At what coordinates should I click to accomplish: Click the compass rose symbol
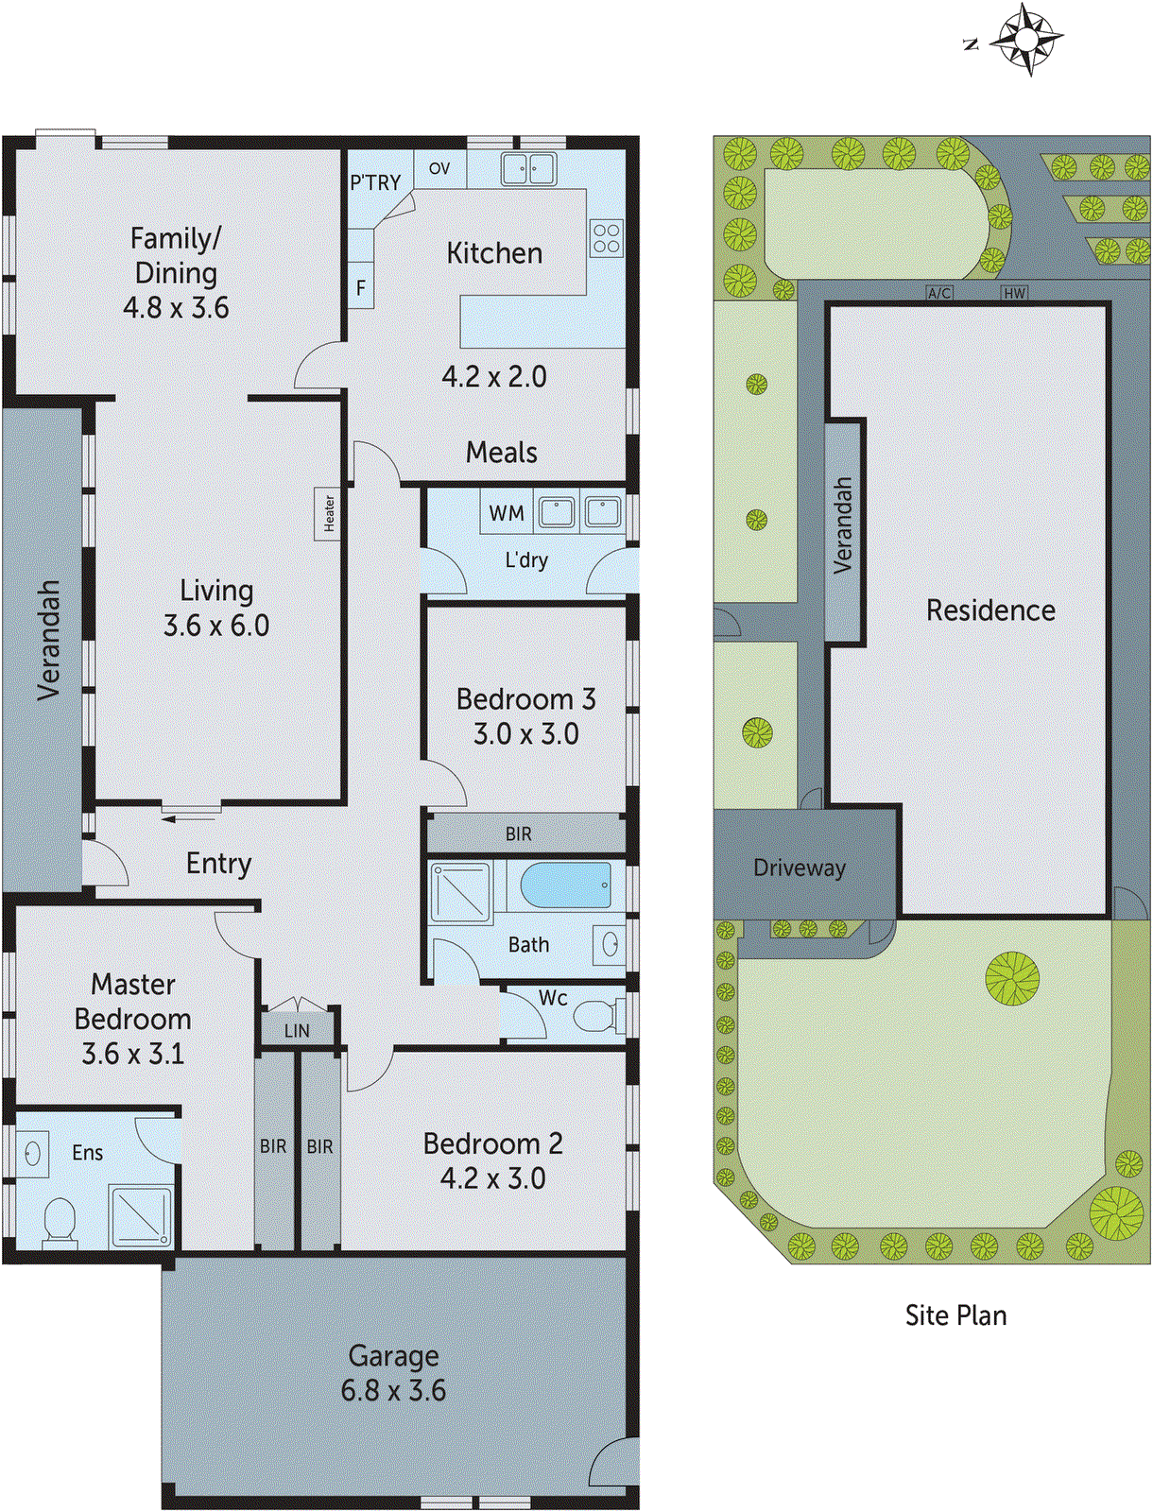(x=1027, y=40)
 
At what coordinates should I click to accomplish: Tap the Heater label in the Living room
(x=328, y=513)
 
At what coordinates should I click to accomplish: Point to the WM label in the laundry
(x=507, y=513)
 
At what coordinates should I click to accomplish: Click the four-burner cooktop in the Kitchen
(x=607, y=238)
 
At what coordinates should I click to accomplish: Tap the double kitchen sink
(x=528, y=169)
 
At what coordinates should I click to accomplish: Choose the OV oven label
(x=439, y=169)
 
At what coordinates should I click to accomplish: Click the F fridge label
(x=361, y=287)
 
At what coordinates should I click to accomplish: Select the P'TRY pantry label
(x=375, y=182)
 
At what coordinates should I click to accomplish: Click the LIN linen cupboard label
(x=297, y=1031)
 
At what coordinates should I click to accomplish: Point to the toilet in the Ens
(x=60, y=1221)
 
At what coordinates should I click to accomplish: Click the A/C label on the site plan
(x=938, y=294)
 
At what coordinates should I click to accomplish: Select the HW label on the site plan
(x=1014, y=294)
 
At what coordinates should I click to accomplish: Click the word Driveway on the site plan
(x=800, y=868)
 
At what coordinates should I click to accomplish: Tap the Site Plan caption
(x=955, y=1315)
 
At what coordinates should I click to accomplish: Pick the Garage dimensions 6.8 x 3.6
(x=393, y=1390)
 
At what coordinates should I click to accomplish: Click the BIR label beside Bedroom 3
(x=519, y=834)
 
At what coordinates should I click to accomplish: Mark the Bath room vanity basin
(x=610, y=943)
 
